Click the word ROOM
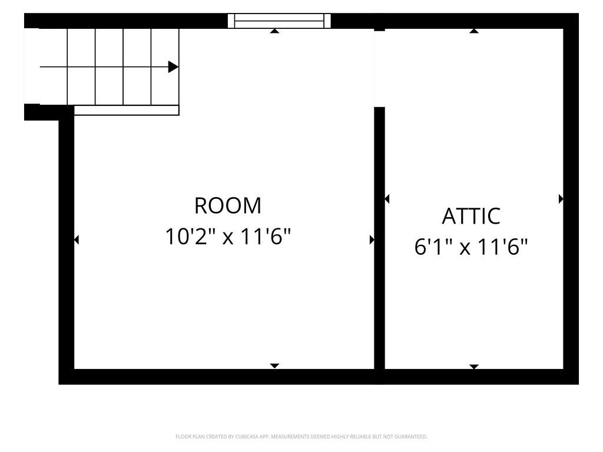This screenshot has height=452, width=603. [228, 205]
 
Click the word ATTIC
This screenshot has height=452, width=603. [471, 216]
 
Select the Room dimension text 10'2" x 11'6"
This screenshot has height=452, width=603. [228, 236]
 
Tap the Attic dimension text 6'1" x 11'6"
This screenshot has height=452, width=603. [471, 247]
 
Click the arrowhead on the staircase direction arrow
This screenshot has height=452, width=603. [173, 67]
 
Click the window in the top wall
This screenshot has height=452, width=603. [279, 21]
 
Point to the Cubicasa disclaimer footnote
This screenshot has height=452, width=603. [301, 437]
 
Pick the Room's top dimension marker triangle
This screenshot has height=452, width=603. [274, 31]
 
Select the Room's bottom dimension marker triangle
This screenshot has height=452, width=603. [274, 366]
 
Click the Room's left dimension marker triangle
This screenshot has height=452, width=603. [76, 240]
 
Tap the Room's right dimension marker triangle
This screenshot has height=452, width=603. [372, 240]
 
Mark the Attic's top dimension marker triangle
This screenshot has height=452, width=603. [474, 31]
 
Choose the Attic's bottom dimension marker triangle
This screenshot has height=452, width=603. [474, 367]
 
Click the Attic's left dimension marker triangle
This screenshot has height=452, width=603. [387, 199]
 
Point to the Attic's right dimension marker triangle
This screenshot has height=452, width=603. [561, 199]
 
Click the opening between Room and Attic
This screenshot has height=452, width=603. [380, 69]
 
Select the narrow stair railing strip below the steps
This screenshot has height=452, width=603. [127, 110]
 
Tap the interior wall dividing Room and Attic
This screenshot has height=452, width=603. [380, 238]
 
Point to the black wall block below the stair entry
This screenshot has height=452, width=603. [32, 112]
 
